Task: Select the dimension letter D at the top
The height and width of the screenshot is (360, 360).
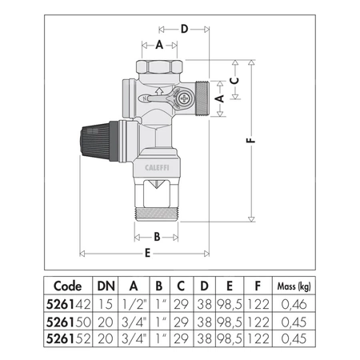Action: [183, 30]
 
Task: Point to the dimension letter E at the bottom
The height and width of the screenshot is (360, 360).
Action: [148, 254]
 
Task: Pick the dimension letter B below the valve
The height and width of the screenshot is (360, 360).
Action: [157, 236]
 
